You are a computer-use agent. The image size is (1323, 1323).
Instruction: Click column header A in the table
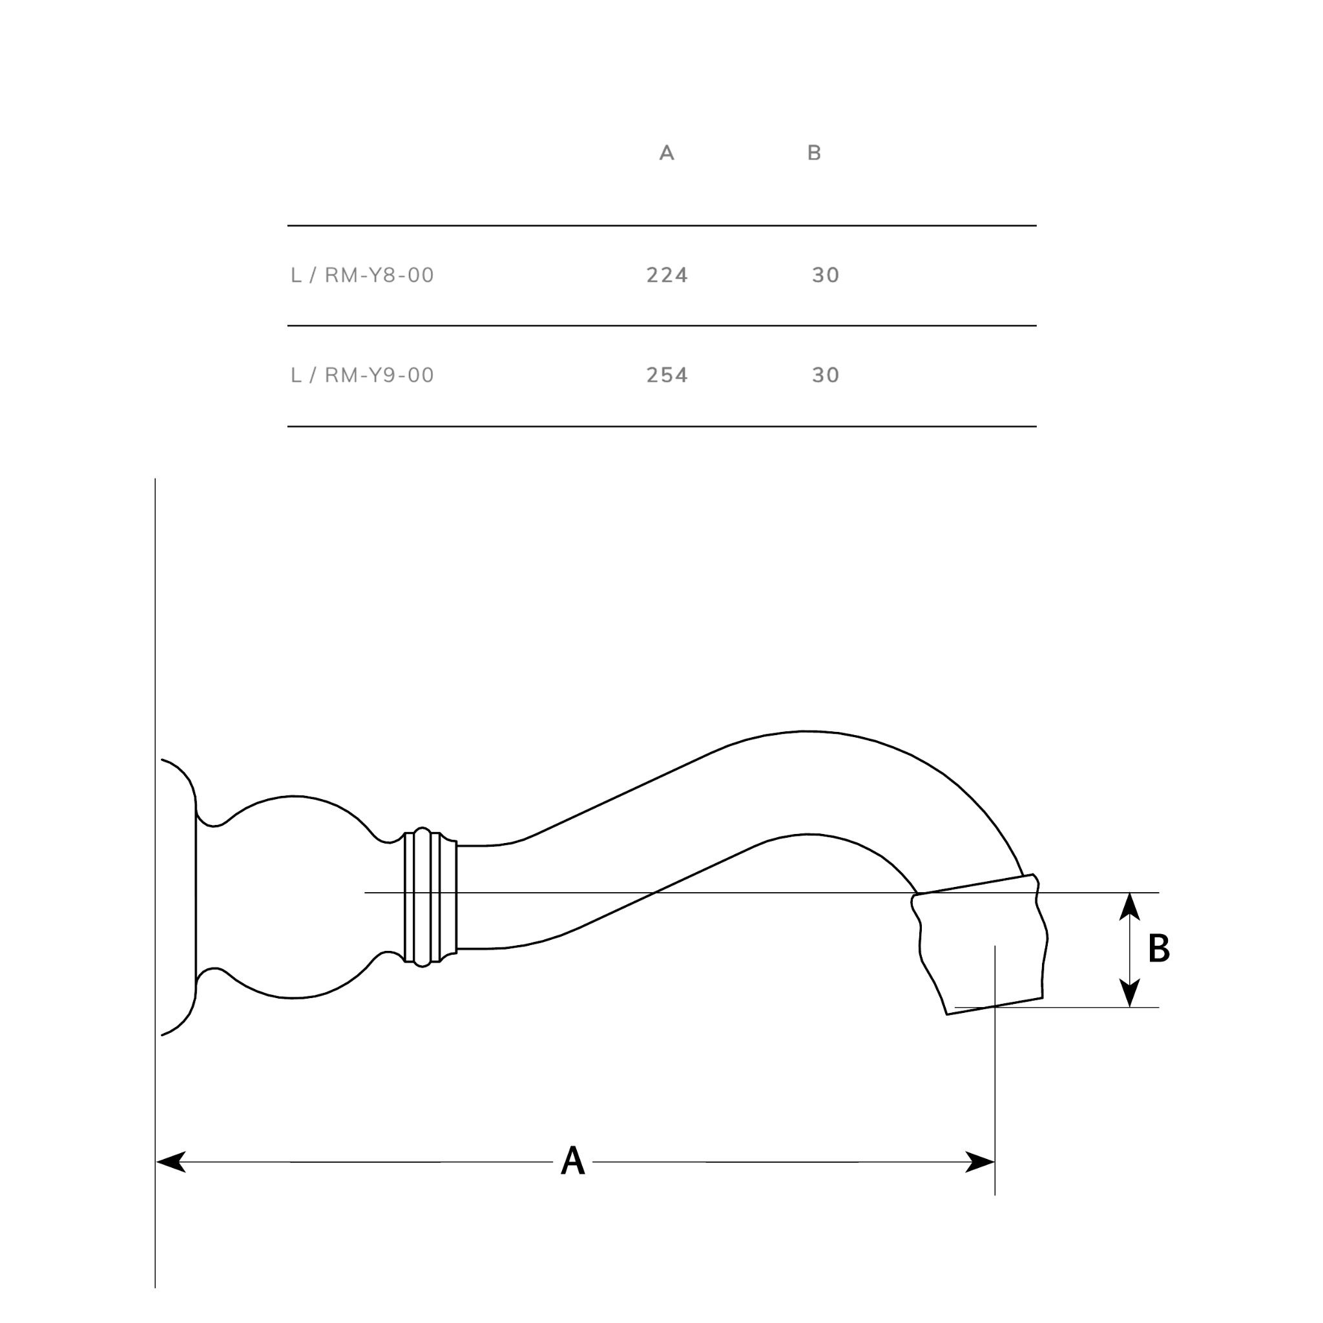coord(666,152)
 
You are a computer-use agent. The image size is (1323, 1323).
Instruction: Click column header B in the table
coord(813,152)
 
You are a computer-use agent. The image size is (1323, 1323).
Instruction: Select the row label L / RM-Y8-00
coord(362,275)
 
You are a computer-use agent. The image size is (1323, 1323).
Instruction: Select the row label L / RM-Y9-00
coord(362,375)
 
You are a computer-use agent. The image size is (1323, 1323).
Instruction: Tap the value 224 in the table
coord(667,275)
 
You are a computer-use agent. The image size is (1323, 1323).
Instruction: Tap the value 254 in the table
coord(667,375)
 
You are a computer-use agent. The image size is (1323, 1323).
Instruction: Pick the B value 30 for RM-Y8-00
coord(825,275)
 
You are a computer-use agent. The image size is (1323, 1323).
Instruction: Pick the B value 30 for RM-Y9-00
coord(825,375)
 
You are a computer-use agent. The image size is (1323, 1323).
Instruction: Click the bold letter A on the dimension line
coord(572,1162)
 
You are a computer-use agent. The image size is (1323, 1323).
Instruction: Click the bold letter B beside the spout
coord(1159,948)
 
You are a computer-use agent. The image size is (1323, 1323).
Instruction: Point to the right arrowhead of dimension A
coord(980,1162)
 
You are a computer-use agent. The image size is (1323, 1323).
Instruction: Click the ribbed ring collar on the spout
coord(430,897)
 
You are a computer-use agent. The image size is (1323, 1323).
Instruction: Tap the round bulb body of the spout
coord(295,897)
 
